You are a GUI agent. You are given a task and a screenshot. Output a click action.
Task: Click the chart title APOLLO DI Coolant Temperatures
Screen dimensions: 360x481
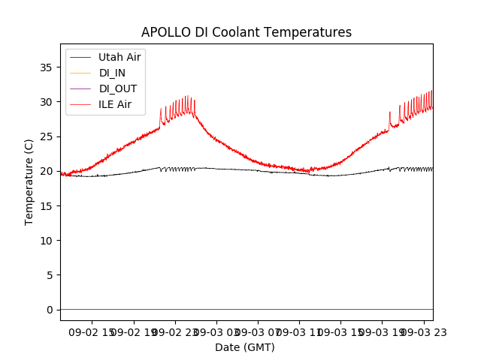click(247, 33)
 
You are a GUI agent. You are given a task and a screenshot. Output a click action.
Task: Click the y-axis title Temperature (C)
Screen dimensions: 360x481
click(29, 181)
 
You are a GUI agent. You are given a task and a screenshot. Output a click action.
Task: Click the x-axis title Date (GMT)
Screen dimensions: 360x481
click(245, 347)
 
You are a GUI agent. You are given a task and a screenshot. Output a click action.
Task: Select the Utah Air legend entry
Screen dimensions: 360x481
click(119, 57)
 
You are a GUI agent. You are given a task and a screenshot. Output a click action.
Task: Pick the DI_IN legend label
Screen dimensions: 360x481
click(113, 73)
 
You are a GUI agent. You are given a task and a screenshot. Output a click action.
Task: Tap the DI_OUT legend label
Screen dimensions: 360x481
click(117, 88)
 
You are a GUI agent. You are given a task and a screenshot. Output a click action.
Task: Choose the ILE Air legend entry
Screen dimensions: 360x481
click(115, 104)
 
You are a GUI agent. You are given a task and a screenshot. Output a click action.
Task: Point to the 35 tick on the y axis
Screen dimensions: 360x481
click(47, 67)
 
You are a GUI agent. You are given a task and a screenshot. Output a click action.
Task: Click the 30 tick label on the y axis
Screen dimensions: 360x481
click(47, 102)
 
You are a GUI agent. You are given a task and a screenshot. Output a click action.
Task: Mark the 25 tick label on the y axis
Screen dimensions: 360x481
click(47, 136)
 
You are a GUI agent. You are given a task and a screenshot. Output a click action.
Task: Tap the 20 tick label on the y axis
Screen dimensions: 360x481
click(47, 171)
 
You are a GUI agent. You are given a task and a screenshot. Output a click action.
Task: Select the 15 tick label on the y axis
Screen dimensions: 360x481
click(47, 206)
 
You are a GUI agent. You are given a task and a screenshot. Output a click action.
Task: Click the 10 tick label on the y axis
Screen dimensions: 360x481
click(47, 241)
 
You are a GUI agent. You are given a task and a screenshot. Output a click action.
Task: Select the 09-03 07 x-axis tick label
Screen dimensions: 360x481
click(258, 331)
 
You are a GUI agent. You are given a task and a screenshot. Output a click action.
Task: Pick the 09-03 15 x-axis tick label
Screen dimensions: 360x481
click(340, 331)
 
